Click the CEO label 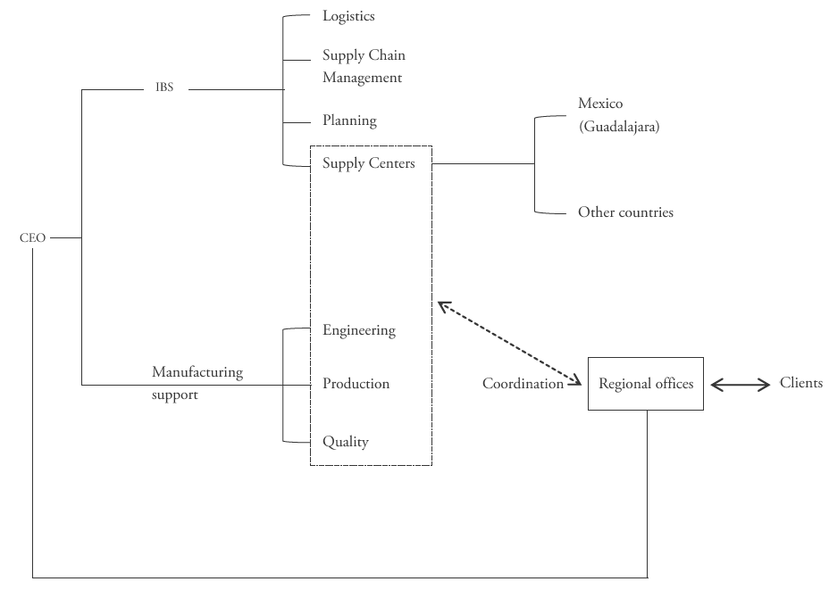pos(32,238)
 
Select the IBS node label pos(164,89)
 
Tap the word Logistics pos(348,16)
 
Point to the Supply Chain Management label pos(363,66)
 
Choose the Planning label pos(349,120)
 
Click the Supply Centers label pos(368,163)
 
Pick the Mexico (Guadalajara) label pos(618,115)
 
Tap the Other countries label pos(625,212)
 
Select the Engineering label pos(358,330)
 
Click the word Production pos(356,384)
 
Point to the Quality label pos(345,442)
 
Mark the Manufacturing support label pos(197,383)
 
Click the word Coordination pos(523,384)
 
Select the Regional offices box pos(645,384)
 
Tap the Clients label pos(801,383)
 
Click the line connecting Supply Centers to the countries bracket pos(482,163)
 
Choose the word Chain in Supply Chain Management pos(387,55)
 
